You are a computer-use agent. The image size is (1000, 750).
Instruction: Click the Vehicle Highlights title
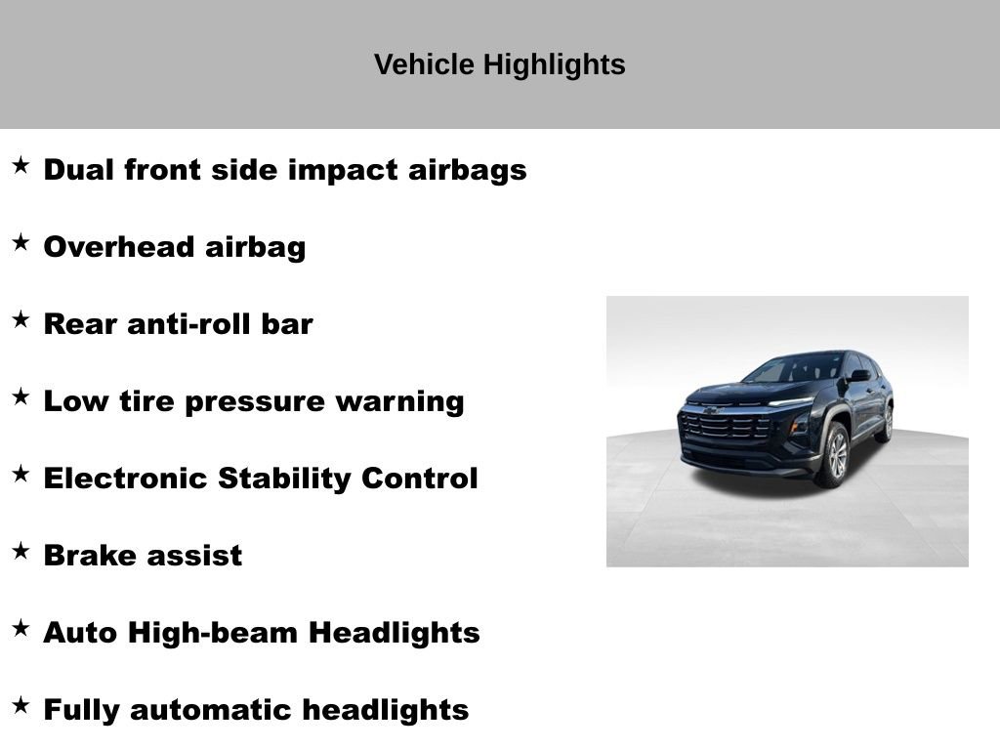coord(499,64)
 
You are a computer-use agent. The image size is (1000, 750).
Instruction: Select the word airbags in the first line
coord(467,170)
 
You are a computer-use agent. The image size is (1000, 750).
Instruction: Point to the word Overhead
coord(119,247)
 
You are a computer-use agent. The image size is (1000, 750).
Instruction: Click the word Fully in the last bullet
coord(82,710)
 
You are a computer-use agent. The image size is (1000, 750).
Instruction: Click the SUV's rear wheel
coord(887,423)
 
